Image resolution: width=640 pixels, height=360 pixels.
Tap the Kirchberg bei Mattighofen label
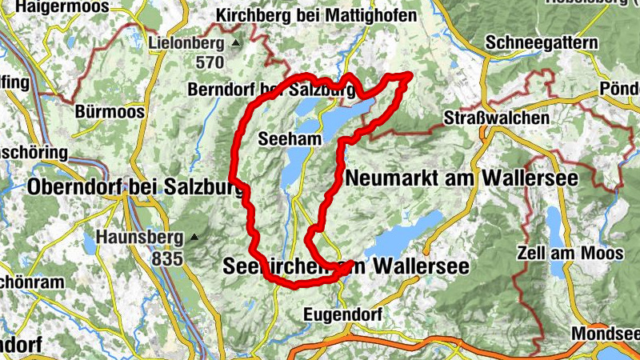coord(317,16)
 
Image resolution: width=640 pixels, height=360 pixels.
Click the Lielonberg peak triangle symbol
coord(235,42)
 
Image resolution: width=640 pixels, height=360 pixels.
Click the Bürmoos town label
coord(110,111)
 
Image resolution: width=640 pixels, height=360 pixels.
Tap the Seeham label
coord(290,139)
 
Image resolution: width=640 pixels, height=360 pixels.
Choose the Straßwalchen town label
coord(497,118)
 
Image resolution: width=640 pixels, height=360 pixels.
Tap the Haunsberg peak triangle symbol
coord(193,237)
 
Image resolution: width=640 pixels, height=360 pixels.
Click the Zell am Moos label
coord(570,253)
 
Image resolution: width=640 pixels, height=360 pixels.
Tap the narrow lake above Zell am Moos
coord(554,224)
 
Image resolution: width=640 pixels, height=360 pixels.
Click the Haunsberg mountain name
coord(140,237)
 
